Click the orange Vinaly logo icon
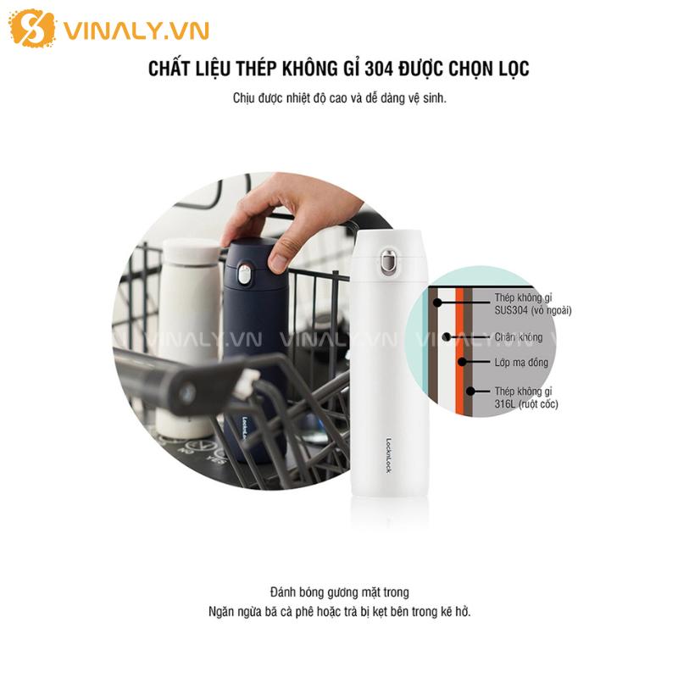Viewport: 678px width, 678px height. pyautogui.click(x=33, y=28)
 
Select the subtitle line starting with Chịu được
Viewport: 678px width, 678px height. pyautogui.click(x=340, y=98)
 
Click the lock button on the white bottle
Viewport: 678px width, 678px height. pyautogui.click(x=389, y=262)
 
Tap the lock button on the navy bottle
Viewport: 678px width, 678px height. pyautogui.click(x=244, y=275)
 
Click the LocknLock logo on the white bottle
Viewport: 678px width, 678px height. pyautogui.click(x=388, y=456)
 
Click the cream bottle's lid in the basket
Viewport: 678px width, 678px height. pyautogui.click(x=191, y=251)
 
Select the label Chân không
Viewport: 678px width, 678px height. pyautogui.click(x=519, y=337)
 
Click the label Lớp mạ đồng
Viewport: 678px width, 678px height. pyautogui.click(x=521, y=363)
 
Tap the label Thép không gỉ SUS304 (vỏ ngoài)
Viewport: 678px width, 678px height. pyautogui.click(x=533, y=304)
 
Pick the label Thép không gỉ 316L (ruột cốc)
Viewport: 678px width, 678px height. pyautogui.click(x=526, y=397)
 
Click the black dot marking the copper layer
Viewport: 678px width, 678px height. pyautogui.click(x=462, y=362)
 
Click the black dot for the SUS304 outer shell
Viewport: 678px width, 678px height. pyautogui.click(x=437, y=303)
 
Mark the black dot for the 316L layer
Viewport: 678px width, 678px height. pyautogui.click(x=470, y=392)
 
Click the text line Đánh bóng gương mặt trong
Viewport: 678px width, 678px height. pyautogui.click(x=340, y=592)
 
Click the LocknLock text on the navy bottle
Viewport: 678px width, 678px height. pyautogui.click(x=245, y=430)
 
